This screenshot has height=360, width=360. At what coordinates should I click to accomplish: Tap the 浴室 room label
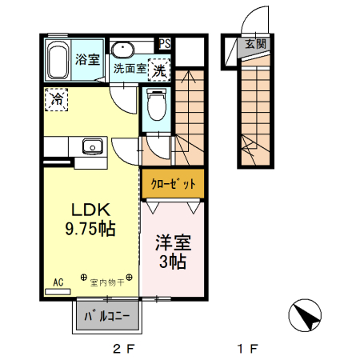coord(87,58)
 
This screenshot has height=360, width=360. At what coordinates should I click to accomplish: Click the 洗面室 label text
coord(129,70)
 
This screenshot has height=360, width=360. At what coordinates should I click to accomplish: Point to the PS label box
coord(165,43)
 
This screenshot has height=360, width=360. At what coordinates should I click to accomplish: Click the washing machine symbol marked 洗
coord(161,70)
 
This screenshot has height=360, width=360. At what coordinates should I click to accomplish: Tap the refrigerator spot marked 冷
coord(57,100)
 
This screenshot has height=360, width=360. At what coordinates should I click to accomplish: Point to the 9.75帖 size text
coord(90,230)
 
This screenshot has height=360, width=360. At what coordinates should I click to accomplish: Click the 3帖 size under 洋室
coord(173,262)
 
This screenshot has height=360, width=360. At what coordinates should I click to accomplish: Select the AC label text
coord(58,282)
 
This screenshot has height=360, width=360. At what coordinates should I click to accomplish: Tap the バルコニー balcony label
coord(107,316)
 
